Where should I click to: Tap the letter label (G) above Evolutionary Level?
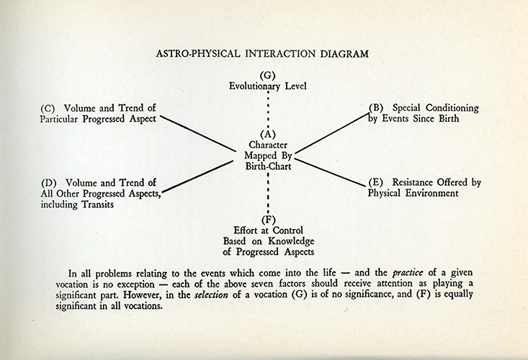click(x=267, y=75)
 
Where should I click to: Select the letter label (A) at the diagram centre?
click(x=267, y=134)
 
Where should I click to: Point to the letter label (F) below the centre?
click(x=267, y=220)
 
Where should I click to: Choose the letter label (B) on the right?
click(x=376, y=109)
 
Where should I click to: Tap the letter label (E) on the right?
click(x=376, y=183)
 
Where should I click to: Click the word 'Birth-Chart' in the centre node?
click(x=267, y=165)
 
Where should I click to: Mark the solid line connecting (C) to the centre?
click(x=199, y=132)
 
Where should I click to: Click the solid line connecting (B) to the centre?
click(x=332, y=132)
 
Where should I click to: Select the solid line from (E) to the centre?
click(x=332, y=171)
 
